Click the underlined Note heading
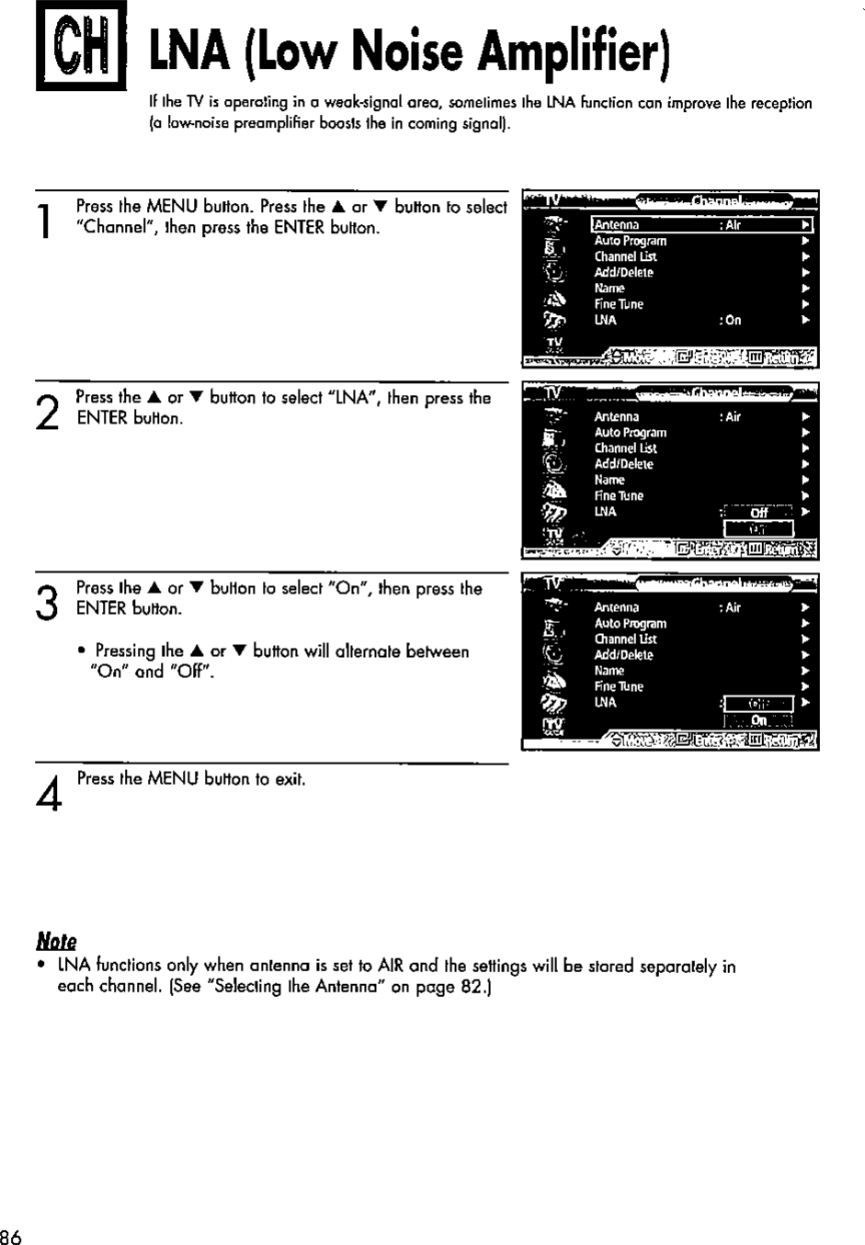pyautogui.click(x=56, y=942)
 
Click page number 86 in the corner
pyautogui.click(x=10, y=1236)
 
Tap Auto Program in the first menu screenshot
pyautogui.click(x=630, y=241)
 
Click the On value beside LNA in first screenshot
pyautogui.click(x=732, y=321)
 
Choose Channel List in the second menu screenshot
pyautogui.click(x=625, y=448)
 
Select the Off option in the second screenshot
pyautogui.click(x=758, y=513)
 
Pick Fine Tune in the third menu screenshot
pyautogui.click(x=619, y=686)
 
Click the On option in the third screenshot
pyautogui.click(x=758, y=720)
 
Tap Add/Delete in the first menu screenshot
pyautogui.click(x=623, y=273)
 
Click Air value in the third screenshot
pyautogui.click(x=731, y=607)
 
